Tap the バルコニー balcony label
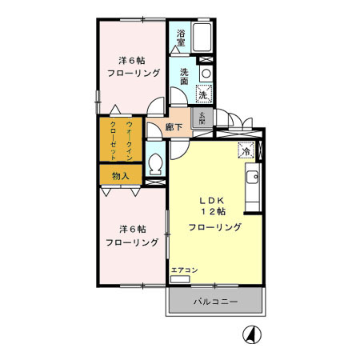coord(215,303)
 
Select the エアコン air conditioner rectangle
coord(180,280)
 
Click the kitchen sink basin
coord(253,178)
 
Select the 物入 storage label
coord(120,175)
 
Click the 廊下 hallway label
coord(174,126)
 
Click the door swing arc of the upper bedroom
coord(157,104)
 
